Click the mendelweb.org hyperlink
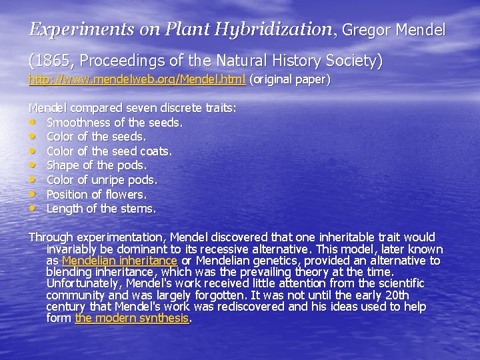[x=137, y=79]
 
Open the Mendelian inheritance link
[x=119, y=261]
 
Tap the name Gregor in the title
[x=367, y=31]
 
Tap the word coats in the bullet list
[x=155, y=151]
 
